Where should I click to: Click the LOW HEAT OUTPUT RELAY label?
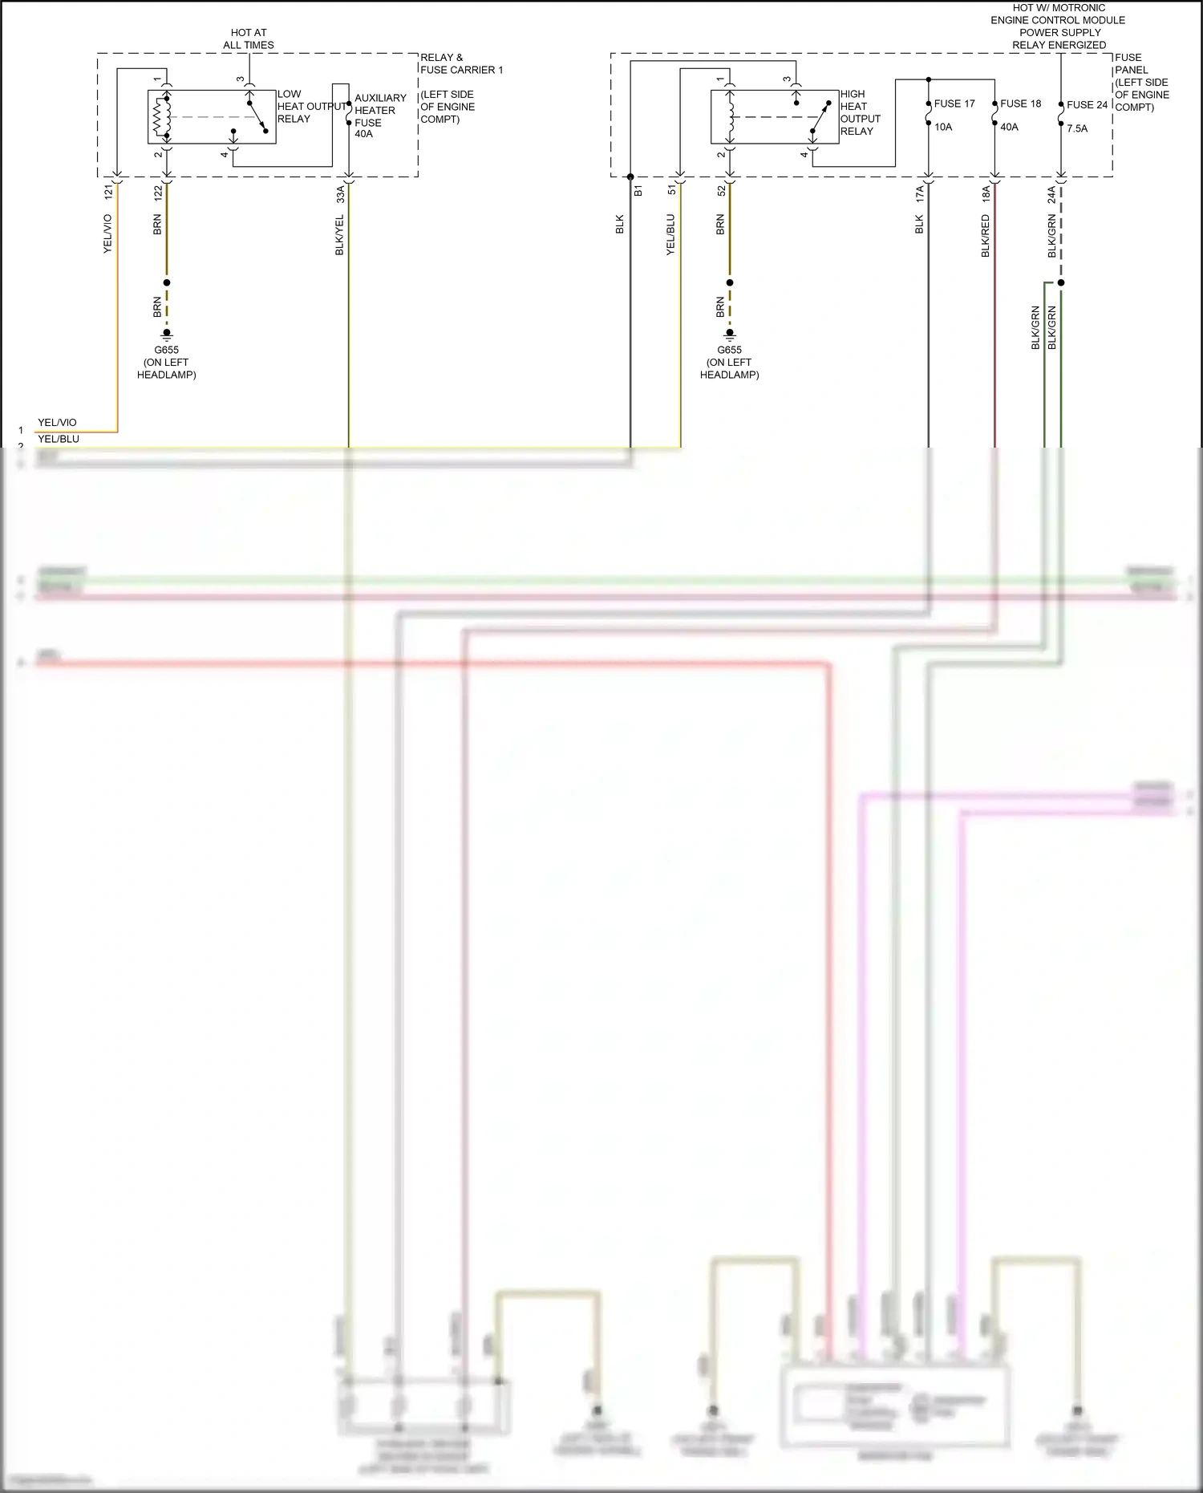311,107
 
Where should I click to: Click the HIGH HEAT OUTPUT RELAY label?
860,112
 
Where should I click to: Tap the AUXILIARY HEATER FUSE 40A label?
379,116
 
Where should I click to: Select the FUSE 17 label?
954,103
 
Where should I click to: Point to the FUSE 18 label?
1020,103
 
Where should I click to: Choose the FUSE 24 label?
1087,104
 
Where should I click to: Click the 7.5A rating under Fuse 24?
1077,128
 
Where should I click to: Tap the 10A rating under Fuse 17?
943,127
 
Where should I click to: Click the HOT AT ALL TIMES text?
249,39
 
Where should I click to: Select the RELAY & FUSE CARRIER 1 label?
461,63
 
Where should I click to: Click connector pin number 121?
108,193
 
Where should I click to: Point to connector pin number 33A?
340,193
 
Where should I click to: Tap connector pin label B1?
638,191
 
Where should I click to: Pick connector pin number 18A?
986,193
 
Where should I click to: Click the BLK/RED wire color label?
986,236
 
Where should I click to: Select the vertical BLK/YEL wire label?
340,235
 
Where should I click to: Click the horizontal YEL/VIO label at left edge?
57,423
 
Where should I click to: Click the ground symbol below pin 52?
729,334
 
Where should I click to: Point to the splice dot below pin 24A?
1060,282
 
